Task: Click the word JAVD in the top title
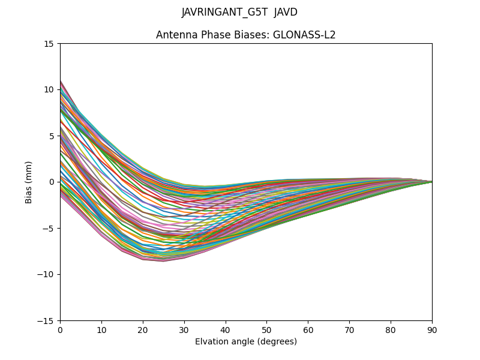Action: tap(286, 13)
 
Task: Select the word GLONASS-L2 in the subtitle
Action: tap(304, 35)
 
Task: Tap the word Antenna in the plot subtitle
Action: tap(175, 35)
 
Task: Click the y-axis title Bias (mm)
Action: tap(29, 182)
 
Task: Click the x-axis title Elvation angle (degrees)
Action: tap(246, 342)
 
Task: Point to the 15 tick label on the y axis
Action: tap(49, 44)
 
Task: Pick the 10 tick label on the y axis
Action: tap(49, 90)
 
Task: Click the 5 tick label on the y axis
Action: tap(52, 136)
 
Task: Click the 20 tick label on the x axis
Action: tap(143, 329)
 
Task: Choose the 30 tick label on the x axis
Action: tap(184, 329)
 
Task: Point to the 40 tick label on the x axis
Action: tap(226, 329)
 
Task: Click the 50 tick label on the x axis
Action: tap(266, 329)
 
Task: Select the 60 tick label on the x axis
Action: tap(308, 329)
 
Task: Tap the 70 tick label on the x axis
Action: tap(349, 329)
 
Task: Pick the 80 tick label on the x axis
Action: tap(391, 329)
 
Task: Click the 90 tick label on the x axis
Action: tap(432, 329)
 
